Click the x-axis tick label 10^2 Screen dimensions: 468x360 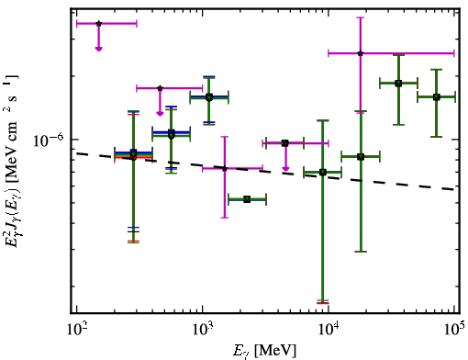click(77, 329)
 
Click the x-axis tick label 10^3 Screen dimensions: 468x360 click(203, 329)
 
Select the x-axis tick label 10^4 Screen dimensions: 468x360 click(329, 329)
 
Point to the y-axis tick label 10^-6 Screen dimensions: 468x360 click(49, 140)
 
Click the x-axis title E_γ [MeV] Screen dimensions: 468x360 click(264, 351)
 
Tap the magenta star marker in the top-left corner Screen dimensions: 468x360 click(98, 24)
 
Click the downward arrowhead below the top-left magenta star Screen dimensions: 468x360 click(98, 49)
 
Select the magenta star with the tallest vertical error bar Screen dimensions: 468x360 click(361, 53)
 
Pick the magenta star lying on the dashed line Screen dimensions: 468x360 click(225, 168)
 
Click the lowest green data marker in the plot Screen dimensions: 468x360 click(247, 199)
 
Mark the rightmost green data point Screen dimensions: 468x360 click(437, 97)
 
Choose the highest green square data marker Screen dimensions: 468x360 click(398, 84)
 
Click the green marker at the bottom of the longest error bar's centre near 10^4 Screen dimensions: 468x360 click(323, 173)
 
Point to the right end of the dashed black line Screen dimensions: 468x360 click(455, 190)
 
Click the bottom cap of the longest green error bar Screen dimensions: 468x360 click(323, 301)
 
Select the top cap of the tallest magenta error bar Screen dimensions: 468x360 click(361, 17)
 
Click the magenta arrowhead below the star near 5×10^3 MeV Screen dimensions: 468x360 click(285, 169)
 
